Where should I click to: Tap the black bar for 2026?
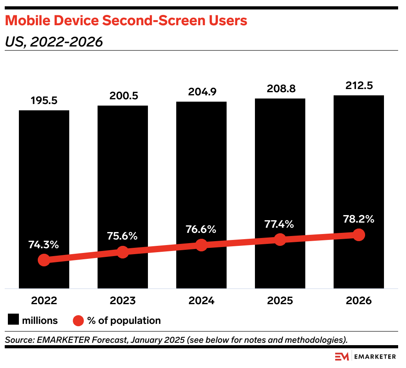(359, 165)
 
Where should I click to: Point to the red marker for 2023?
(123, 252)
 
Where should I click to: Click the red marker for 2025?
(280, 239)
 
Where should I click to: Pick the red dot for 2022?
(44, 260)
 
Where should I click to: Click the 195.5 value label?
(44, 100)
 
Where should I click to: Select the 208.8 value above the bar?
(280, 89)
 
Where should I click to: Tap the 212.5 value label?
(359, 85)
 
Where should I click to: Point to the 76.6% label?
(201, 229)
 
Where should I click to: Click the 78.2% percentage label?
(358, 219)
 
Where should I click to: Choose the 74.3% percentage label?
(44, 244)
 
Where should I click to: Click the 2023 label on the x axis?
(123, 301)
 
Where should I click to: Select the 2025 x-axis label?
(280, 301)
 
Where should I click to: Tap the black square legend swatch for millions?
(13, 320)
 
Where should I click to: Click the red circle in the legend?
(78, 320)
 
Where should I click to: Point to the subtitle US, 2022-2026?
(54, 41)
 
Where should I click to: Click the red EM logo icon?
(341, 357)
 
